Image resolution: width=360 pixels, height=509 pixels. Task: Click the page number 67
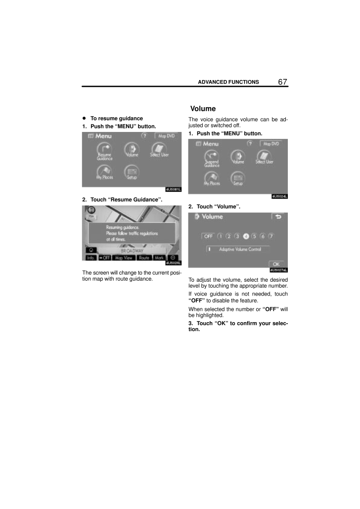(282, 82)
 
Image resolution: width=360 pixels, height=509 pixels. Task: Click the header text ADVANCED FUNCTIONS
(228, 82)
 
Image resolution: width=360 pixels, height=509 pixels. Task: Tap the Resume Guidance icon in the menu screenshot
(104, 150)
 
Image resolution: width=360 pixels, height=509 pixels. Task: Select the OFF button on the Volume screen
(208, 236)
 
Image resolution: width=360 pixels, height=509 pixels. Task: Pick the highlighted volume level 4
(246, 236)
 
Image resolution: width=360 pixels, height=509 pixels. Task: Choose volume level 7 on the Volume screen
(271, 236)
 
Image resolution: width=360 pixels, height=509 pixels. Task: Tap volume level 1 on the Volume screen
(220, 236)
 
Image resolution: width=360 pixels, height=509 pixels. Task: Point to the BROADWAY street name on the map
(132, 251)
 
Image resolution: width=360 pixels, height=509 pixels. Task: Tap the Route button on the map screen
(144, 258)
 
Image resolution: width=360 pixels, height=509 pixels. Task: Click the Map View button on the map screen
(124, 258)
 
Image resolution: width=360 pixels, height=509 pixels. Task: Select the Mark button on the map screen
(159, 258)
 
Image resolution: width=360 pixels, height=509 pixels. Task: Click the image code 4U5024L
(280, 196)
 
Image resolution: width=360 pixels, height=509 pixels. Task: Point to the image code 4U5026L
(174, 263)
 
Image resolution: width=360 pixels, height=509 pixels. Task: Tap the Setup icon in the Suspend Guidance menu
(238, 178)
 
